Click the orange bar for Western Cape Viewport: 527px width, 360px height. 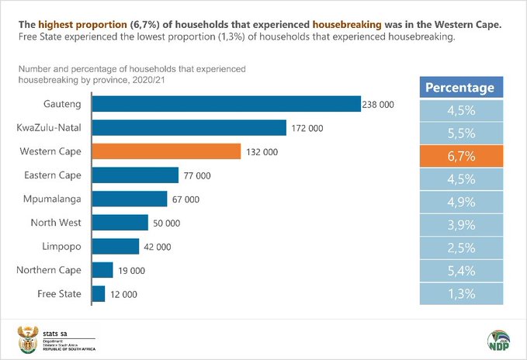tap(167, 151)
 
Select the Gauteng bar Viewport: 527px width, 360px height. tap(226, 103)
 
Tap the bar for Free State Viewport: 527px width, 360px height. tap(99, 293)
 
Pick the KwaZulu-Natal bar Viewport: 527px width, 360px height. tap(189, 127)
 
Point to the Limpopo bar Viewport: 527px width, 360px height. tap(115, 246)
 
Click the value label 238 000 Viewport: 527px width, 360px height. tap(380, 104)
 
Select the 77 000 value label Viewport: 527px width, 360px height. tap(197, 175)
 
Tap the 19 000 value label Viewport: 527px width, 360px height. tap(132, 270)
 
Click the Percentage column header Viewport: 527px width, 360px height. tap(459, 88)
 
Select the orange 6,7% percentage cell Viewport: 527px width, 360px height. tap(459, 156)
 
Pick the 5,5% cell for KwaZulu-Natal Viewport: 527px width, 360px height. tap(459, 133)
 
